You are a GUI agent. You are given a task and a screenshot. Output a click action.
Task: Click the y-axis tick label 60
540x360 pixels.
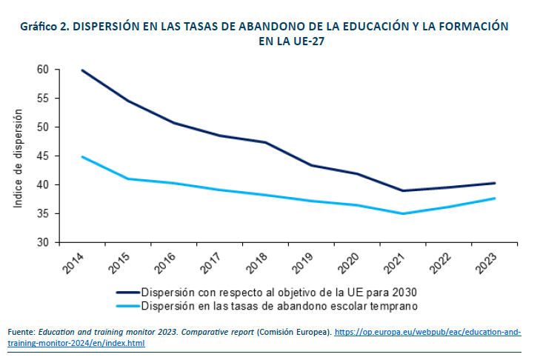44,69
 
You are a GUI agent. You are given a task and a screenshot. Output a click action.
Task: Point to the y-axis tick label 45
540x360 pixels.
44,156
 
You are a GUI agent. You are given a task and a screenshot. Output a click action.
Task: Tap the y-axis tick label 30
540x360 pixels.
44,242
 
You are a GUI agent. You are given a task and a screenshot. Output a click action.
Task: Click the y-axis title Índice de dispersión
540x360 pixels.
19,157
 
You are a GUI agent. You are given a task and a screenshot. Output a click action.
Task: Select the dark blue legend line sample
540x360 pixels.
127,293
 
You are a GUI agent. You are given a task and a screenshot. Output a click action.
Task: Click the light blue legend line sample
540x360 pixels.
127,305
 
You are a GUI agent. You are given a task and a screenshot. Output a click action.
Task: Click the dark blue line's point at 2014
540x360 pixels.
82,70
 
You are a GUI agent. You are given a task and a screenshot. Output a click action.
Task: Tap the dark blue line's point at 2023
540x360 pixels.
494,183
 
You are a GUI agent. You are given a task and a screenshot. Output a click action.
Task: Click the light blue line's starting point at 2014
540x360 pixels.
82,156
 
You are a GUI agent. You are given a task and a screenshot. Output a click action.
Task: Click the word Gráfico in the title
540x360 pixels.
39,25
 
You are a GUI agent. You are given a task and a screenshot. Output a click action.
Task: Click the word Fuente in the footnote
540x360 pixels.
21,333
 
